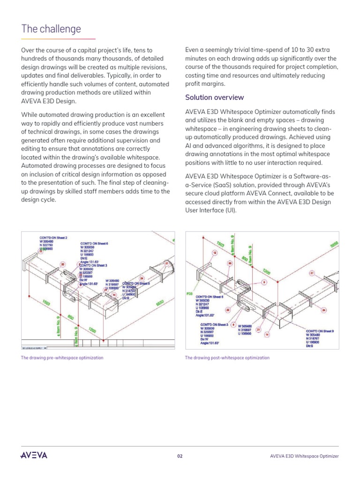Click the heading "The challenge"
(51, 29)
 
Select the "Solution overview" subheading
(214, 97)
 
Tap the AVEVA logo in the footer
(34, 456)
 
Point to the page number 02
(180, 456)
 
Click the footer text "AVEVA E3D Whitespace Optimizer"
(304, 456)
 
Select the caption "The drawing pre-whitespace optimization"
(62, 358)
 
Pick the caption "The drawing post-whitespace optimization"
(227, 358)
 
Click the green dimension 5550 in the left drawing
(161, 303)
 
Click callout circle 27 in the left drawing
(166, 263)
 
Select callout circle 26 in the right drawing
(323, 310)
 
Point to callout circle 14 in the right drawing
(267, 334)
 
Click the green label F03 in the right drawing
(189, 294)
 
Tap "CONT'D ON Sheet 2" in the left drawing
(53, 238)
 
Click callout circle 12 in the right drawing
(215, 253)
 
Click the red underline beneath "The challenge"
(58, 39)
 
